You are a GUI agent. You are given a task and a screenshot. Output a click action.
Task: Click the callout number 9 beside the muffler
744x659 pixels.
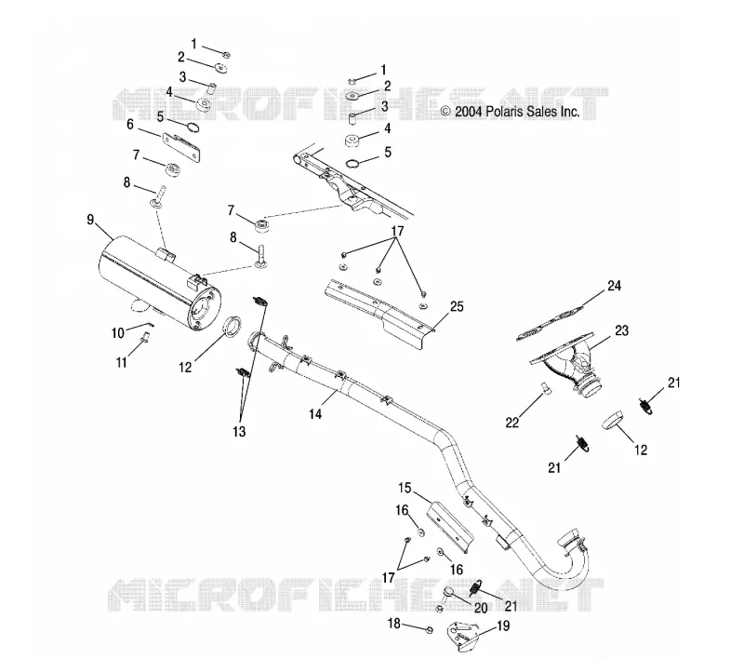coord(90,220)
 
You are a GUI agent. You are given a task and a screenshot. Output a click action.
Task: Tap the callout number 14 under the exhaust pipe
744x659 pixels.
coord(315,414)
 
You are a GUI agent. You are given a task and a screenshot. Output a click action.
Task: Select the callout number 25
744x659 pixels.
coord(457,306)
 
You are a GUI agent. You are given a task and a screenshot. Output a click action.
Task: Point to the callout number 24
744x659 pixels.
coord(614,286)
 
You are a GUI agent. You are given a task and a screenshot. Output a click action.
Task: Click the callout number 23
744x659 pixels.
coord(621,330)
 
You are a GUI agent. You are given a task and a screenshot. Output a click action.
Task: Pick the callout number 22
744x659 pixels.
coord(512,422)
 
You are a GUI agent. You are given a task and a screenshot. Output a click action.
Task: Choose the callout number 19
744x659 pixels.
coord(502,625)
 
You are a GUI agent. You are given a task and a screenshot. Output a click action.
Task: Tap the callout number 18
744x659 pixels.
coord(394,624)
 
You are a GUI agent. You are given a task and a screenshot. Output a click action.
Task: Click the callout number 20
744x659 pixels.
coord(481,608)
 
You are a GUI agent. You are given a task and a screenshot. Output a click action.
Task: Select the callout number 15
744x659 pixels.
coord(405,488)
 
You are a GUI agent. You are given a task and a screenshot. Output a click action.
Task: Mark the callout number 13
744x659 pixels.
coord(240,431)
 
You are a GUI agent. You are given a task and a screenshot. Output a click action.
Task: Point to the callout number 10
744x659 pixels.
coord(118,333)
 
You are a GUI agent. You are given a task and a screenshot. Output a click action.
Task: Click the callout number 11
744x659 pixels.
coord(122,362)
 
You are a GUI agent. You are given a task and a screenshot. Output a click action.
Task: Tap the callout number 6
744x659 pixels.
coord(130,124)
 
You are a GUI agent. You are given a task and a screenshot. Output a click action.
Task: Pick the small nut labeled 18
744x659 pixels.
coord(428,630)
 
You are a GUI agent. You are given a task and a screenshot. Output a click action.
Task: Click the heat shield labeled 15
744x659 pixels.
coord(450,527)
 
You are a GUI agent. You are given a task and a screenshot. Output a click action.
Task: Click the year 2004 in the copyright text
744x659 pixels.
coord(469,112)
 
